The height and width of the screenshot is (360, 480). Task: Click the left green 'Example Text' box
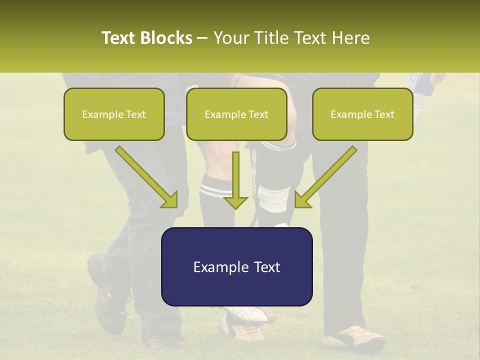tap(114, 114)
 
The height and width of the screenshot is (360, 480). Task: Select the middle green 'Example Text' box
tap(236, 114)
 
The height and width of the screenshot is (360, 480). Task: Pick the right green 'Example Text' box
tap(362, 114)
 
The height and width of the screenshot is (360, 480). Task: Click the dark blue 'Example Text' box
tap(236, 266)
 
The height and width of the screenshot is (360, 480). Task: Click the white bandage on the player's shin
tap(274, 199)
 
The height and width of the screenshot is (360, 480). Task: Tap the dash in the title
tap(202, 38)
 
